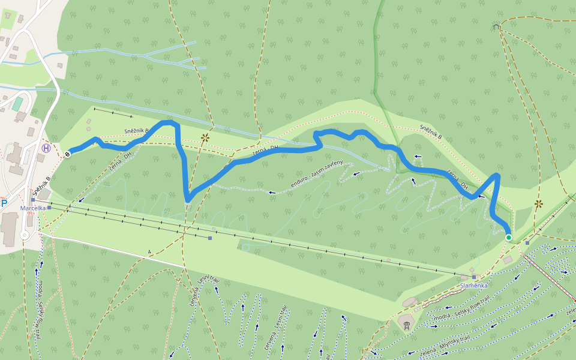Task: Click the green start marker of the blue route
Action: (509, 238)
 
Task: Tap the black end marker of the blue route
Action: (67, 154)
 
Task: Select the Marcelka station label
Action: (33, 208)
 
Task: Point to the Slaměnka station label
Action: (474, 286)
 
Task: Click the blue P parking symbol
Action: (4, 203)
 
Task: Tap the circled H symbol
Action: (46, 148)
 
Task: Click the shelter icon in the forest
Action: (496, 26)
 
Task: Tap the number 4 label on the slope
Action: (149, 252)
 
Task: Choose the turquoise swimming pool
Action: (18, 103)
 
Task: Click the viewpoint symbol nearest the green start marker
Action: (538, 204)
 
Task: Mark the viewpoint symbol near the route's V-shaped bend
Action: (205, 137)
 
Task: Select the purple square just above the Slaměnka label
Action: (474, 277)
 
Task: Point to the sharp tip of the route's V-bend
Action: (188, 200)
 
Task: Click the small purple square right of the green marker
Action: (527, 242)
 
